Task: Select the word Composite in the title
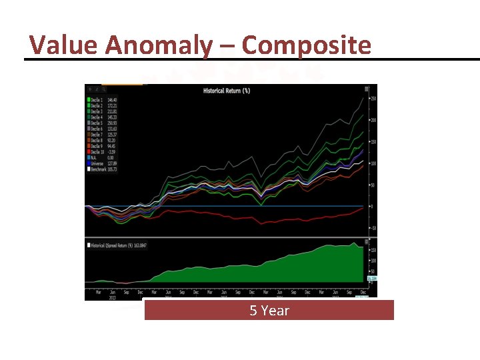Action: pyautogui.click(x=307, y=45)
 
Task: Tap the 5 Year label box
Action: pyautogui.click(x=269, y=310)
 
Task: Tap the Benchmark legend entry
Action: pyautogui.click(x=103, y=170)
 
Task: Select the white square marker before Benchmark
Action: pyautogui.click(x=88, y=170)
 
